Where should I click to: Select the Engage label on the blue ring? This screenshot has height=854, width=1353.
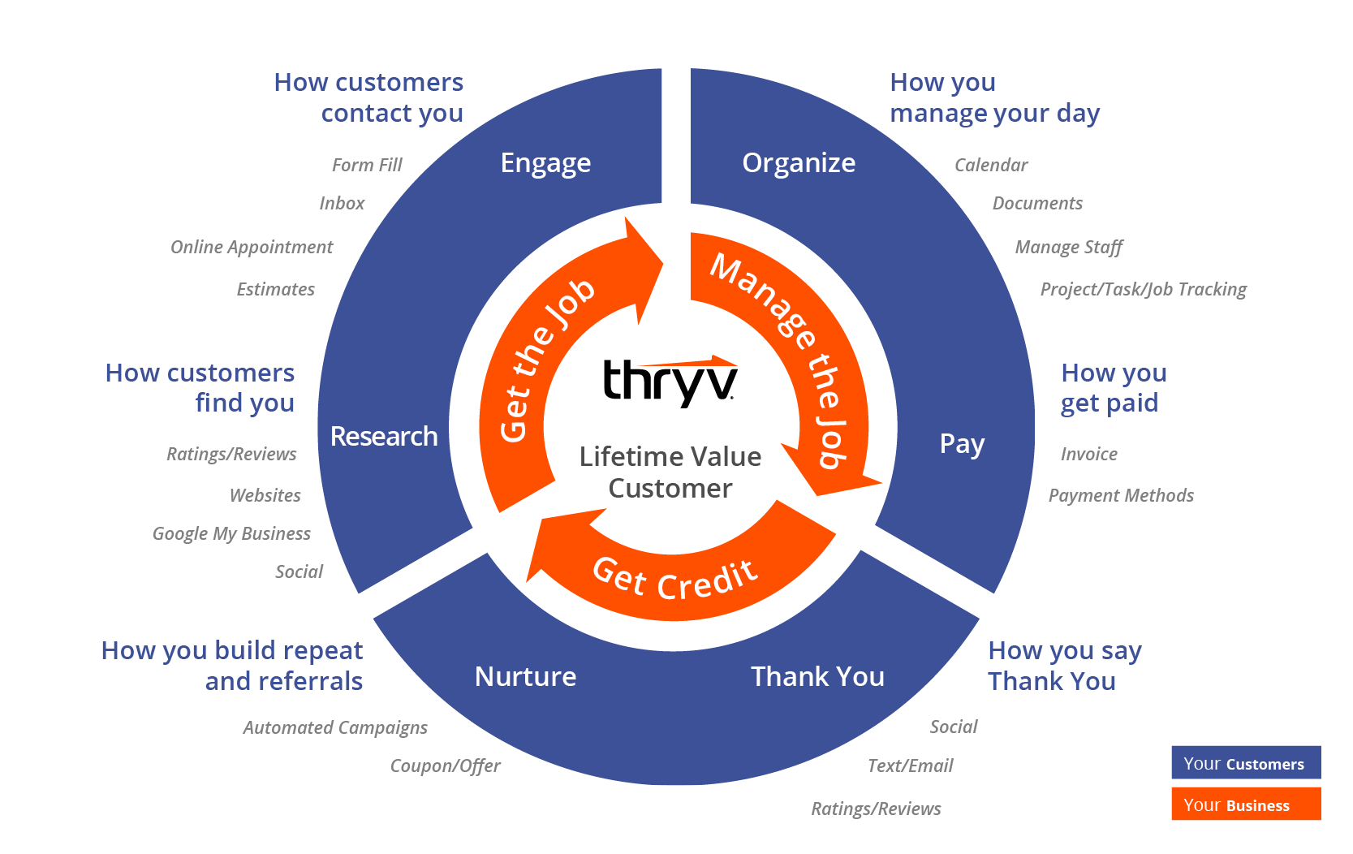[545, 163]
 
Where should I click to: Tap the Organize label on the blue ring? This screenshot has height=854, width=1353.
[799, 163]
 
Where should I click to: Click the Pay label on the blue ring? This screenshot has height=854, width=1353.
[962, 444]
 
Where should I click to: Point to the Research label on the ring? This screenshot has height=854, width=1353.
[384, 437]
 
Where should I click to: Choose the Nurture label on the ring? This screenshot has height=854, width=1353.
[525, 676]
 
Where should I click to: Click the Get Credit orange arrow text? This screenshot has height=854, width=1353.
[675, 578]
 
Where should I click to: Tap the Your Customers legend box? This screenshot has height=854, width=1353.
[1245, 763]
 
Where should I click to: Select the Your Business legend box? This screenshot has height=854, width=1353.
[1245, 804]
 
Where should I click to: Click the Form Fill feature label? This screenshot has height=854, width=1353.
[367, 165]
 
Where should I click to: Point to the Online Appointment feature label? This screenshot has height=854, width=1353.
[252, 247]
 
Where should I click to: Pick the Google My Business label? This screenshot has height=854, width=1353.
[231, 533]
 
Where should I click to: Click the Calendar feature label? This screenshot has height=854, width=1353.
[990, 165]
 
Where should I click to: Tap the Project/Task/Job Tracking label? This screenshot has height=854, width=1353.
[1143, 289]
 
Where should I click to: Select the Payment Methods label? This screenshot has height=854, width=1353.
[1121, 495]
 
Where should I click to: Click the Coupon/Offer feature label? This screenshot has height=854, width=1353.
[445, 766]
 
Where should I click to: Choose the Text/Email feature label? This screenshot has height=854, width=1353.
[910, 766]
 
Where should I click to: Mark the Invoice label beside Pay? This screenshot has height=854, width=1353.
[1088, 454]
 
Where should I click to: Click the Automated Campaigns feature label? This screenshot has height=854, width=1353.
[334, 727]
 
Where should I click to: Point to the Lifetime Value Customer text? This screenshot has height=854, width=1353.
[670, 472]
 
